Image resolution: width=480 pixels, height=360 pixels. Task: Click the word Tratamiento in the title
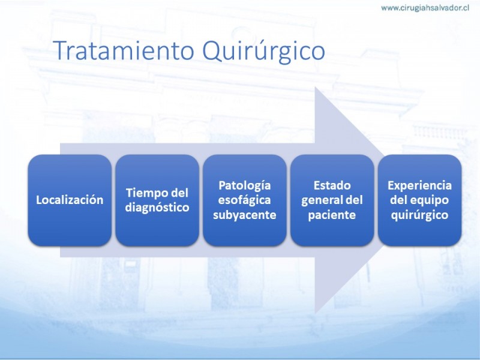click(x=125, y=50)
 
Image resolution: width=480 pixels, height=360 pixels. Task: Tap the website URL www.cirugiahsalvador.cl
click(x=425, y=8)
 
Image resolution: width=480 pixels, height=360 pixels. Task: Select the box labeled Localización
click(x=70, y=200)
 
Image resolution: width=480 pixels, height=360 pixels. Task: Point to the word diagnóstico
click(x=157, y=208)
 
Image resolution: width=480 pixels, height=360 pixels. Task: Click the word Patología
click(x=245, y=186)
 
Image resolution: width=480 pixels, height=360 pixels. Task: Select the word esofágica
click(x=244, y=200)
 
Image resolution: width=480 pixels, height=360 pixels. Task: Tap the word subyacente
click(x=245, y=215)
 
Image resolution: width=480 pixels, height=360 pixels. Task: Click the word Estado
click(x=332, y=185)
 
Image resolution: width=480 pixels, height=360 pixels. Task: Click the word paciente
click(x=332, y=215)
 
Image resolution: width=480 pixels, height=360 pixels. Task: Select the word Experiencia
click(x=419, y=185)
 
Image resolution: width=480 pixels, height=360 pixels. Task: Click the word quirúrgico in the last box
click(x=419, y=215)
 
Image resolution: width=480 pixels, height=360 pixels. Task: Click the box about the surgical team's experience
click(x=419, y=200)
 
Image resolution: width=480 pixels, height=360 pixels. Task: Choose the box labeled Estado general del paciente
click(x=332, y=200)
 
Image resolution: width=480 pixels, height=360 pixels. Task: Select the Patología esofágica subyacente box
click(x=245, y=200)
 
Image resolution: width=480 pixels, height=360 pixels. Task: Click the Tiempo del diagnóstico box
click(x=157, y=200)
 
